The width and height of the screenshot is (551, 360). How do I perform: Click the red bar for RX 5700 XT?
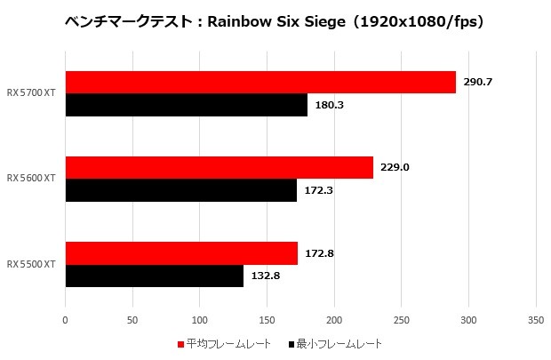[260, 83]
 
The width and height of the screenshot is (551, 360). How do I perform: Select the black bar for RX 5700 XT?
[187, 105]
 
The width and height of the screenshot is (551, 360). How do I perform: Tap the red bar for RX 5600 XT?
[220, 167]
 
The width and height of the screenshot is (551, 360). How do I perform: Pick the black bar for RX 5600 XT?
[181, 190]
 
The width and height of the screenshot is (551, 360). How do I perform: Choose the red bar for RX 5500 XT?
[181, 253]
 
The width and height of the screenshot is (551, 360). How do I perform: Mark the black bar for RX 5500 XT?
[155, 276]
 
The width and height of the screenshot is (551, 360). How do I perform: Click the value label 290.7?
[478, 83]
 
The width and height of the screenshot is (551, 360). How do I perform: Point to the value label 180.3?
[331, 106]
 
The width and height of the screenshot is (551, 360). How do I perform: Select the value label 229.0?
[395, 167]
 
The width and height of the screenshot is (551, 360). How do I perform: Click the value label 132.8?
[267, 276]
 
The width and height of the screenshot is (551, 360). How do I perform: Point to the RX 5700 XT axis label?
[32, 94]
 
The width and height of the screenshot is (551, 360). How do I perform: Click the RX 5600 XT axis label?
[32, 179]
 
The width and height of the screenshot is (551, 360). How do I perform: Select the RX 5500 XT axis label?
[32, 265]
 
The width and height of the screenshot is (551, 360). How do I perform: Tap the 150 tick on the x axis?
[267, 319]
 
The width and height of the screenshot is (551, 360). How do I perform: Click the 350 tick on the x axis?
[535, 319]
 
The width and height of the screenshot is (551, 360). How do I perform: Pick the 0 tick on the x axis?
[65, 319]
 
